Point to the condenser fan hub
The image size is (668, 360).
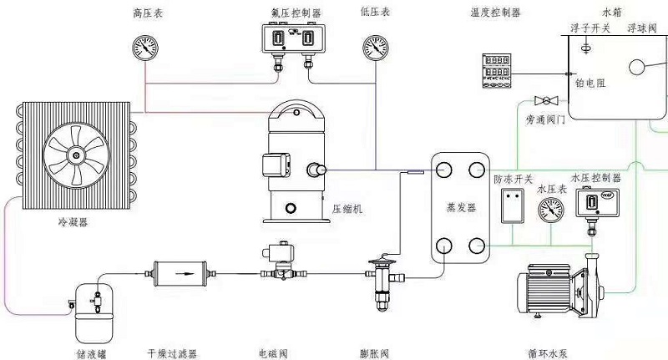tap(77, 155)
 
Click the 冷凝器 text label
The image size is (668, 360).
tap(73, 223)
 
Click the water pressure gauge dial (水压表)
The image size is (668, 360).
tap(551, 210)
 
